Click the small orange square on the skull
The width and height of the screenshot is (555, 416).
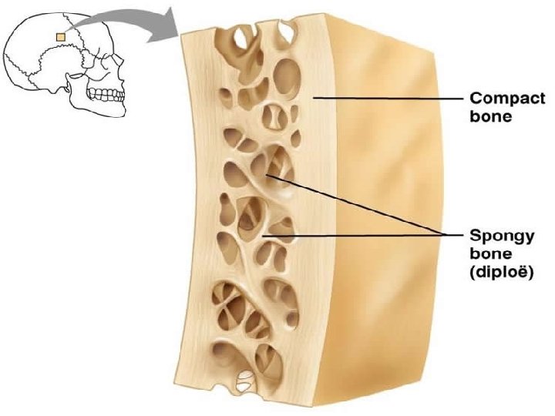coord(61,35)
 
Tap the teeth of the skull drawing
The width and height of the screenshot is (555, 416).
coord(106,95)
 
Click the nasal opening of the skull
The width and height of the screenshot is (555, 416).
coord(116,77)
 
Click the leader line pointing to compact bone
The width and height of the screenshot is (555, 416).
coord(385,99)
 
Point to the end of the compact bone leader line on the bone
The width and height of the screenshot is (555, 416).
coord(314,98)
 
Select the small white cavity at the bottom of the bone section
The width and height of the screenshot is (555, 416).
coord(245,379)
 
